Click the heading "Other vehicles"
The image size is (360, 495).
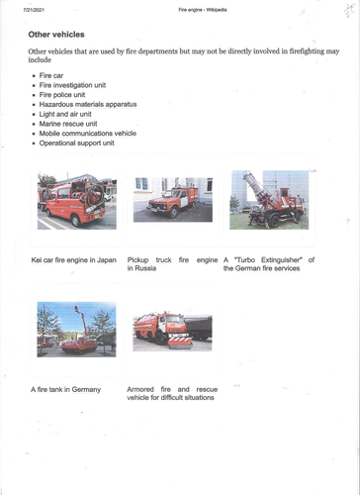point(56,34)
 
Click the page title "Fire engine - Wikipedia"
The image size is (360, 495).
point(202,8)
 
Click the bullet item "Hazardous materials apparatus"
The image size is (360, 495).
point(87,104)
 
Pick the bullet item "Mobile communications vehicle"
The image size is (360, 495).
point(87,134)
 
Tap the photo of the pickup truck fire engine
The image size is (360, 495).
point(172,200)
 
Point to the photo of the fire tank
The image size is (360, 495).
point(76,330)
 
